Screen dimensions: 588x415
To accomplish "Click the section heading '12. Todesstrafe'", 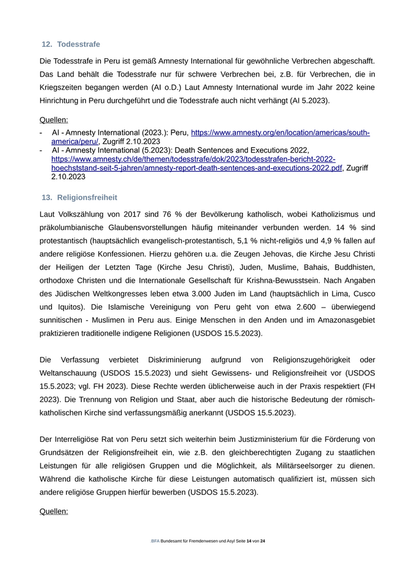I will click(71, 44).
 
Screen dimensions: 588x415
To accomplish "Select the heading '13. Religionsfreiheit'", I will click(79, 197).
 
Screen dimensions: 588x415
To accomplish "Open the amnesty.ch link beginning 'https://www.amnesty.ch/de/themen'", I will click(193, 159).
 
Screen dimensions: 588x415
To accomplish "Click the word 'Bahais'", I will click(304, 267).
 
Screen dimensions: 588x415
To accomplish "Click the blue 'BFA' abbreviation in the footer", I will click(155, 541).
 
